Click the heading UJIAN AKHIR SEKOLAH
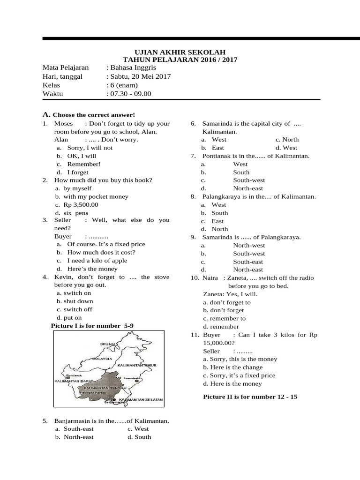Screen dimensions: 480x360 [180, 52]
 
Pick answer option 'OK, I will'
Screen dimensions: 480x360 [82, 156]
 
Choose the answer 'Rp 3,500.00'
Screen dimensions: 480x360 [81, 205]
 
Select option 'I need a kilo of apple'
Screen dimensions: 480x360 [97, 261]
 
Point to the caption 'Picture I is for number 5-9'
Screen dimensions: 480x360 [95, 325]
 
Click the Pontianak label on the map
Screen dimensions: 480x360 [75, 375]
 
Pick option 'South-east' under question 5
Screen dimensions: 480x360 [78, 429]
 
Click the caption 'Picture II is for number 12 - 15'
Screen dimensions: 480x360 [250, 397]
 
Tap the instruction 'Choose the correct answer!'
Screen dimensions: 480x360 [94, 115]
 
